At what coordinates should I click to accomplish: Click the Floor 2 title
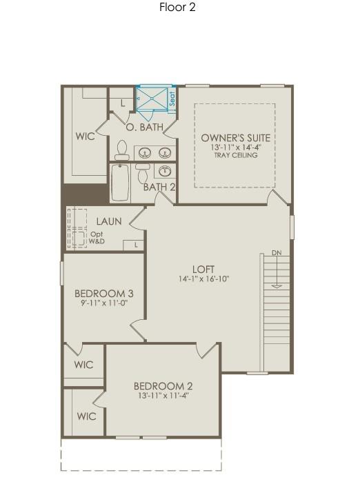177,8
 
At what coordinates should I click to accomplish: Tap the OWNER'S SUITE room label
236,138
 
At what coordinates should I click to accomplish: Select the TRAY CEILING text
236,156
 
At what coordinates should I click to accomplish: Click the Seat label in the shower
172,99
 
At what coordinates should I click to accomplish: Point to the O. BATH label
144,128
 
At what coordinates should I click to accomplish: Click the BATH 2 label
159,187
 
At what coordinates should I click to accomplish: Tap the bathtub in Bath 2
120,183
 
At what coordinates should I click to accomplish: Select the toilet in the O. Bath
122,150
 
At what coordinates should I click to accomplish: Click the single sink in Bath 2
165,171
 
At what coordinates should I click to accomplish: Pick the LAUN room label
109,221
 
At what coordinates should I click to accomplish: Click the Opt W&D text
97,238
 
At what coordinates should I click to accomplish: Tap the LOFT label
203,269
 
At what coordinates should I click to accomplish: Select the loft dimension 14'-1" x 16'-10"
203,279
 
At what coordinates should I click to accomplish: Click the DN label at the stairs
277,252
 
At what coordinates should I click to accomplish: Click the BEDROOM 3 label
103,293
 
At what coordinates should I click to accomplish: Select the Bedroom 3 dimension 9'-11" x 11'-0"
103,303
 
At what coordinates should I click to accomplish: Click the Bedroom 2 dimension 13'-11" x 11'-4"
163,396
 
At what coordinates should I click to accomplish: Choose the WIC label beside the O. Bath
85,137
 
